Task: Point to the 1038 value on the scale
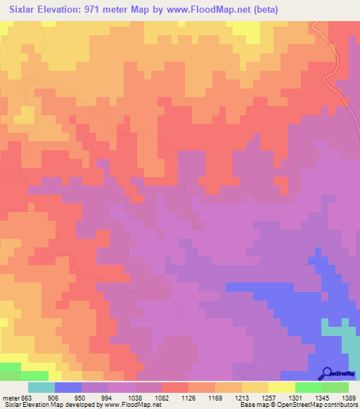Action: click(143, 396)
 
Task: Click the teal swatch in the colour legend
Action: click(41, 387)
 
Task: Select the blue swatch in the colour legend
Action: click(68, 387)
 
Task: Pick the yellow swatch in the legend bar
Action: click(282, 387)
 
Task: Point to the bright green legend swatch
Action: click(309, 387)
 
